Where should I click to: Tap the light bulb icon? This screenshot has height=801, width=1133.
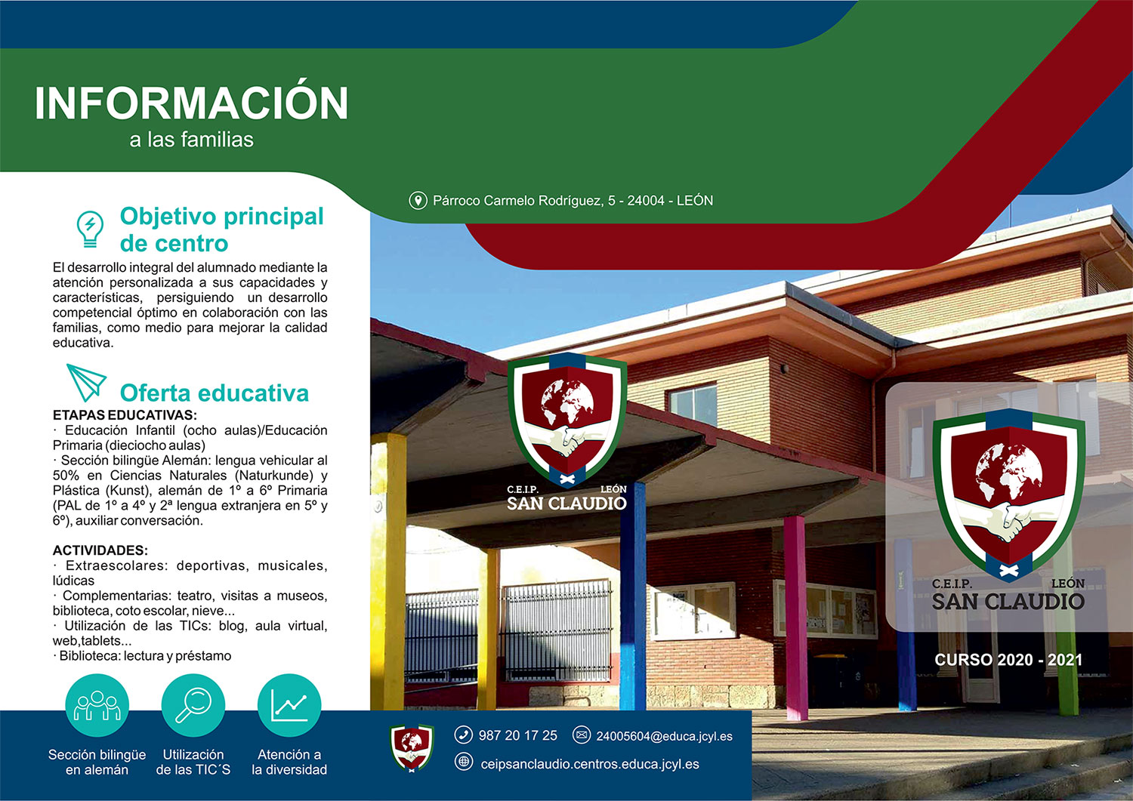(x=90, y=229)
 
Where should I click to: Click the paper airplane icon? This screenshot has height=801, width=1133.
(x=86, y=382)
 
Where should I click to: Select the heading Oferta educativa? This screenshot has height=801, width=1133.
(x=214, y=393)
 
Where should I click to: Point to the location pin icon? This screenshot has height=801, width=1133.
(x=418, y=200)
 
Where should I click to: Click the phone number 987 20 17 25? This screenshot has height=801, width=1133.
(x=518, y=735)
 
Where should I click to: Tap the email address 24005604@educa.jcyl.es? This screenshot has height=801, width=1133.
(x=664, y=736)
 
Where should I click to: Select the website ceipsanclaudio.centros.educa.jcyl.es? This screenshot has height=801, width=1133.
(x=590, y=764)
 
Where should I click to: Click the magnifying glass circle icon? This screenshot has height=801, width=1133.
(x=193, y=705)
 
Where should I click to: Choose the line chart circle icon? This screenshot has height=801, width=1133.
(x=289, y=705)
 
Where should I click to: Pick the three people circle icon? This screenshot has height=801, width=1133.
(x=97, y=705)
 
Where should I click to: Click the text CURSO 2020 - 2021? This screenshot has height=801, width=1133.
(x=1008, y=660)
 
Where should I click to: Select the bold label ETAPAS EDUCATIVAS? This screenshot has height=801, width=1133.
(x=125, y=415)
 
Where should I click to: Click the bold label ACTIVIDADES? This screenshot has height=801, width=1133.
(x=100, y=550)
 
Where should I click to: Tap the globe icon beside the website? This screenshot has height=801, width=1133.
(x=463, y=762)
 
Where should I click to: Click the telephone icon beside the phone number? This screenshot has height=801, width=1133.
(x=463, y=735)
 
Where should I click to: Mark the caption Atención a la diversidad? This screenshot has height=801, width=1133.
(x=289, y=762)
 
